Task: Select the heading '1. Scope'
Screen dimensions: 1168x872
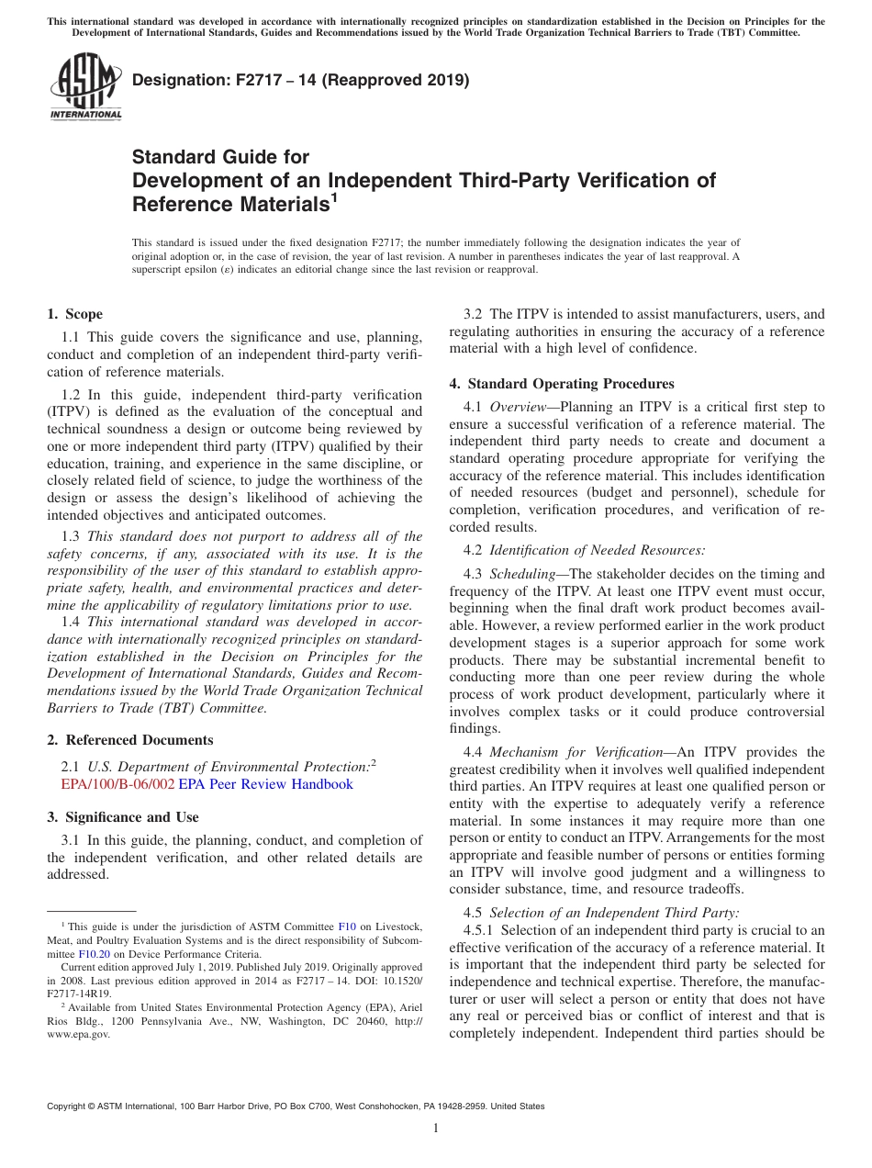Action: pos(74,314)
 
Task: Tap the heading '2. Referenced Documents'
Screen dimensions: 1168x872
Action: pos(129,740)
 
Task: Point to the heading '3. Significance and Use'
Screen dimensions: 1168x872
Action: pos(122,817)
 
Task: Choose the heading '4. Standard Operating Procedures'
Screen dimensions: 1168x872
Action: pos(561,384)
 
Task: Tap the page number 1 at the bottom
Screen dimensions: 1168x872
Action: pos(436,1128)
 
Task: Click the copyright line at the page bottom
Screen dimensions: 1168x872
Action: pos(296,1106)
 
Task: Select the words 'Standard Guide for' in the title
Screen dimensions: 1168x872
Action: pos(220,157)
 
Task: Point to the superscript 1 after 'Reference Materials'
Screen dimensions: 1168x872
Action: pos(335,196)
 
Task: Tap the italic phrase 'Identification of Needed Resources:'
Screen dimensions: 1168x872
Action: pos(597,550)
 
